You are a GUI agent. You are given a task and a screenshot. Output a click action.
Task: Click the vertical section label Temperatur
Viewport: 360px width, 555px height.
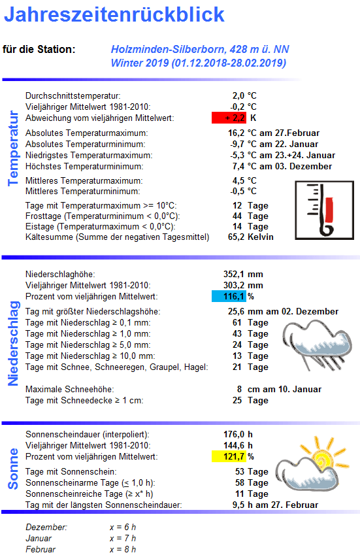13,148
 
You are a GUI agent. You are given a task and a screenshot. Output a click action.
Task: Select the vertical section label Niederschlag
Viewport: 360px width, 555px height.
13,343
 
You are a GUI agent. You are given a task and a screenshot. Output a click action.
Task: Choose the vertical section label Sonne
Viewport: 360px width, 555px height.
13,469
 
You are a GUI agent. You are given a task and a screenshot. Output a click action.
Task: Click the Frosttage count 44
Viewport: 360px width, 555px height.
238,216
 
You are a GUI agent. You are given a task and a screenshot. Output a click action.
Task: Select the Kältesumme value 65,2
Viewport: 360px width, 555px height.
235,237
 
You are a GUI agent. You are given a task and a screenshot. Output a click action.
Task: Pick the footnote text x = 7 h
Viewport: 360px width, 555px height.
123,538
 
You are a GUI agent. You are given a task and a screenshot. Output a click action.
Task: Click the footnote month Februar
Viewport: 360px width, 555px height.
41,549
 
